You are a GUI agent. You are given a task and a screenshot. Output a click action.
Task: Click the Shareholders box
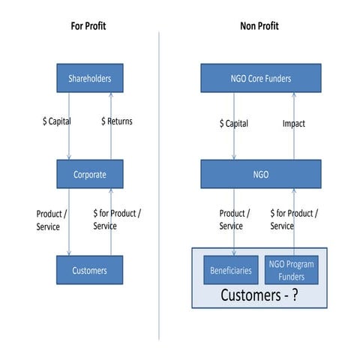tap(89, 78)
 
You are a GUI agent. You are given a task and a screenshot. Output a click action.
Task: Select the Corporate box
tap(89, 174)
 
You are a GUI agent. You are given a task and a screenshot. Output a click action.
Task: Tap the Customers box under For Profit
tap(89, 270)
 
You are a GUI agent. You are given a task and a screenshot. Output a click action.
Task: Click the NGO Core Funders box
tap(260, 78)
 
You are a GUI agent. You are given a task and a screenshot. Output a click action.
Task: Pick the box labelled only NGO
tap(260, 174)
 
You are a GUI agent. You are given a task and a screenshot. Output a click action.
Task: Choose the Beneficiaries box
tap(231, 270)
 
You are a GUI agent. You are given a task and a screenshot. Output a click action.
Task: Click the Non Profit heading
tap(259, 26)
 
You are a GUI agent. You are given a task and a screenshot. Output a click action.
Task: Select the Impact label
tap(293, 124)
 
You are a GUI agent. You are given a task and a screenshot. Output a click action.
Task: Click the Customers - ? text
tap(259, 295)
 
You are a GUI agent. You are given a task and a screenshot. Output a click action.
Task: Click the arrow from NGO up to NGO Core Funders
tap(293, 142)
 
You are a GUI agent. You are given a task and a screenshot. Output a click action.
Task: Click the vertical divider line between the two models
tap(159, 187)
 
